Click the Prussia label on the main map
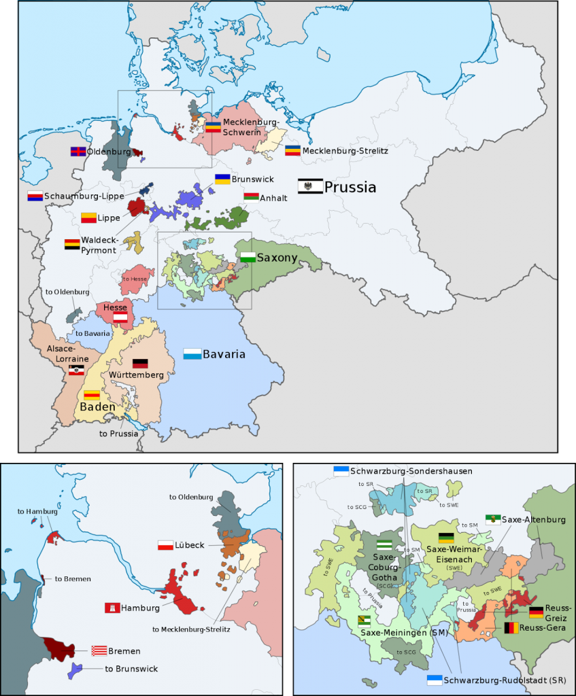pyautogui.click(x=350, y=187)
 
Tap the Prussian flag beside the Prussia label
pyautogui.click(x=310, y=186)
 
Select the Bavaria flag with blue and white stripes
pyautogui.click(x=192, y=354)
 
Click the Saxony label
pyautogui.click(x=277, y=258)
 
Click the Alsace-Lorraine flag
pyautogui.click(x=77, y=370)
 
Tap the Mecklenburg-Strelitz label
pyautogui.click(x=345, y=150)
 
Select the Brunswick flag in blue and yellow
pyautogui.click(x=222, y=179)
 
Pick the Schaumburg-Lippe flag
pyautogui.click(x=35, y=196)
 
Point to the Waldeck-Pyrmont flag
pyautogui.click(x=72, y=244)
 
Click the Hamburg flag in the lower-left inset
pyautogui.click(x=112, y=607)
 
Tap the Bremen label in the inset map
pyautogui.click(x=124, y=651)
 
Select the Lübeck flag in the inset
pyautogui.click(x=166, y=545)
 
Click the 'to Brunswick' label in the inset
pyautogui.click(x=131, y=669)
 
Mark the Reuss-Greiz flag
pyautogui.click(x=537, y=612)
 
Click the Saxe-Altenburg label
pyautogui.click(x=534, y=519)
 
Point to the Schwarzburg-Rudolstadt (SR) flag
pyautogui.click(x=434, y=680)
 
